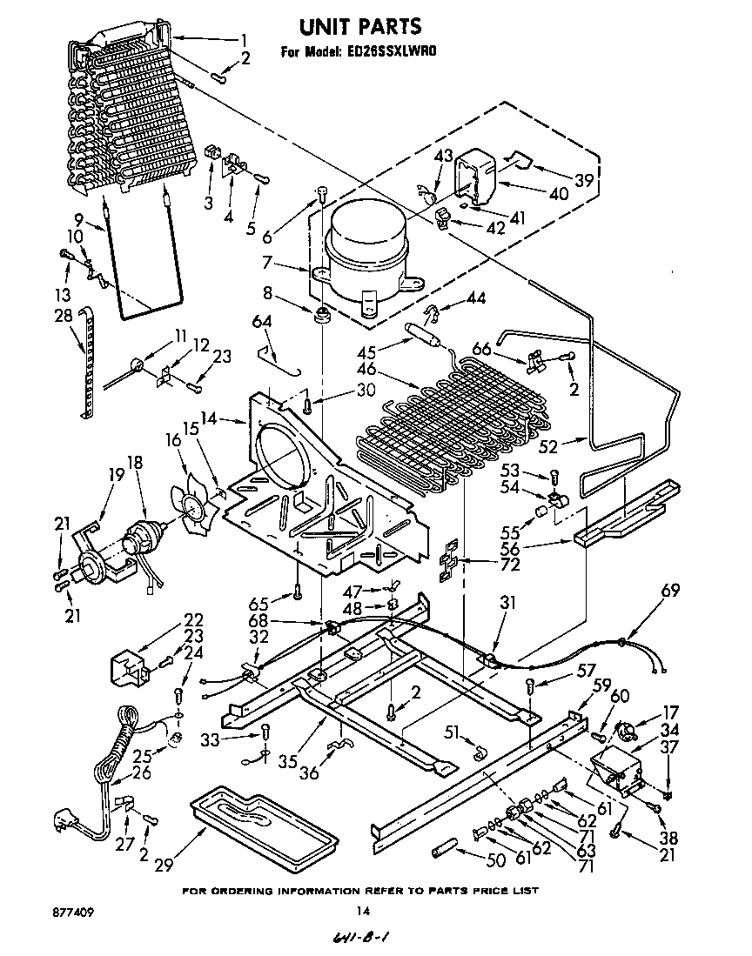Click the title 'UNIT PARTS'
359,27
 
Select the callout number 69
670,591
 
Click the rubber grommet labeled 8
324,315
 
